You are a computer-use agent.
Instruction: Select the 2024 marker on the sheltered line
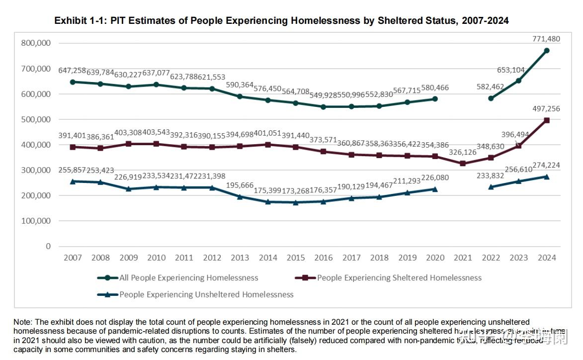[x=546, y=120]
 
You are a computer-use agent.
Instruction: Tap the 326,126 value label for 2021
[x=463, y=152]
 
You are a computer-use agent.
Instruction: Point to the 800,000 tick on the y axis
[x=36, y=43]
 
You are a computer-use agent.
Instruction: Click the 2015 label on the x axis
[x=296, y=258]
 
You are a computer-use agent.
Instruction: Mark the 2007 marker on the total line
[x=73, y=82]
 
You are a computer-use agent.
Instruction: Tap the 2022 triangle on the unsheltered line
[x=491, y=187]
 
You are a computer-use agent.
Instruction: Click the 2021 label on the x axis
[x=463, y=258]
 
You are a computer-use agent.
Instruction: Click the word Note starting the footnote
[x=22, y=322]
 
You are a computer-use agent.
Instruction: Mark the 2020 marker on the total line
[x=435, y=99]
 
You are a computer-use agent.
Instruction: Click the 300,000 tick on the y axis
[x=36, y=170]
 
